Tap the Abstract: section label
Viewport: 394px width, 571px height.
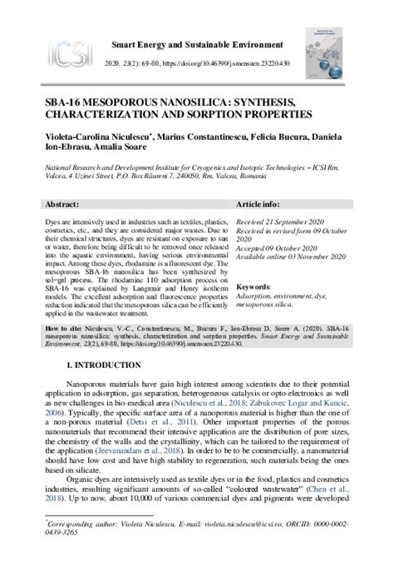pyautogui.click(x=63, y=203)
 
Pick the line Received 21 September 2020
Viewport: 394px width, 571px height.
pyautogui.click(x=280, y=224)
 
